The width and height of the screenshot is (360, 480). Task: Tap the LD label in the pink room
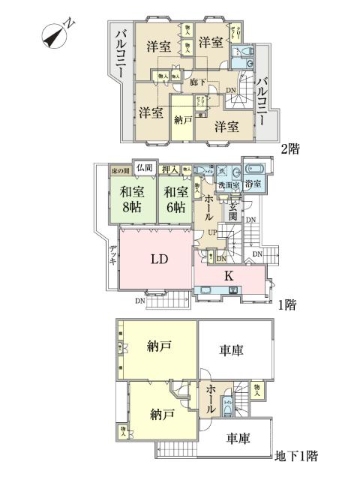[158, 260]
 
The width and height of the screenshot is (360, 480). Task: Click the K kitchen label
[229, 276]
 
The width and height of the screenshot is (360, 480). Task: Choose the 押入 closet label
[170, 170]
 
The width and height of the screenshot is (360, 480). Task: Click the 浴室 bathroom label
[253, 184]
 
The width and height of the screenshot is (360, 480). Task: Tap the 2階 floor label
[290, 148]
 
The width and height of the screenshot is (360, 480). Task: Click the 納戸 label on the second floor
[182, 118]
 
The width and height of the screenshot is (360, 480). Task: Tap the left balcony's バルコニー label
[121, 55]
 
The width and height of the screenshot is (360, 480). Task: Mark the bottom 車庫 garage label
[235, 439]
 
